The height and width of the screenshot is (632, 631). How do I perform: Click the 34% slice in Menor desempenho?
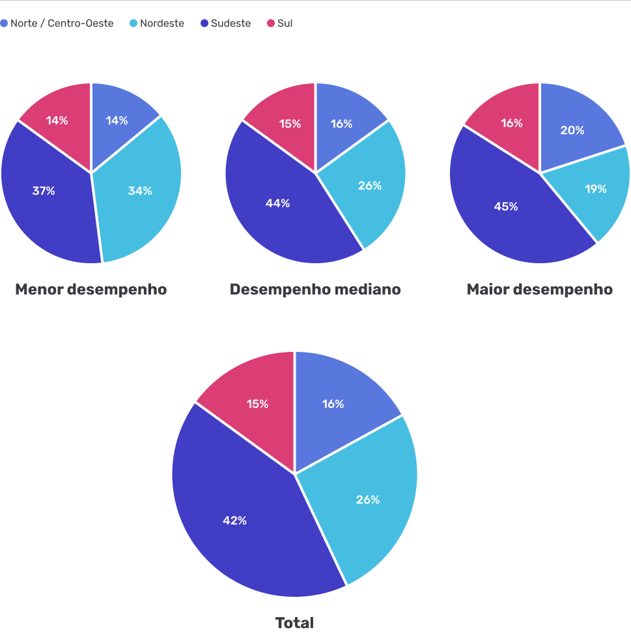[x=140, y=191]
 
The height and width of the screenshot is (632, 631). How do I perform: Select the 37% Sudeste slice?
[x=44, y=191]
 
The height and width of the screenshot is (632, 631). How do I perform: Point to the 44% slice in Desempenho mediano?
[x=278, y=203]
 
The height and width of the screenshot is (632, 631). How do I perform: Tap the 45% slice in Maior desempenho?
[x=506, y=207]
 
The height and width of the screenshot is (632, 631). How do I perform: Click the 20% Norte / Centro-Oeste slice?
[x=572, y=130]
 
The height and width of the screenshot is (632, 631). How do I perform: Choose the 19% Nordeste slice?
[x=595, y=189]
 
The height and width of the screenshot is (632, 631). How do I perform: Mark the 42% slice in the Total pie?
[x=234, y=521]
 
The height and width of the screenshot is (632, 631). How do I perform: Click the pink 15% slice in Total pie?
[x=257, y=404]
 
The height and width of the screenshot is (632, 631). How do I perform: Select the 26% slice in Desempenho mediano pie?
[x=370, y=186]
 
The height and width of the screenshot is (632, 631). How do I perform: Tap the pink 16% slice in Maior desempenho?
[x=512, y=123]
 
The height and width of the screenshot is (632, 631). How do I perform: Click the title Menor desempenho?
[x=91, y=289]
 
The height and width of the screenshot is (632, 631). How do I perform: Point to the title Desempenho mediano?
[x=315, y=289]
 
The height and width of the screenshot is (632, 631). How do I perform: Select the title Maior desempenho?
[x=540, y=289]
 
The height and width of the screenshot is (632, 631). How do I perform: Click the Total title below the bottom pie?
[x=294, y=623]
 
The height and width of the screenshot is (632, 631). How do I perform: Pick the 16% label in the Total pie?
[x=333, y=404]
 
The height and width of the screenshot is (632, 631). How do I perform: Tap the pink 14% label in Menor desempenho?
[x=57, y=121]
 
